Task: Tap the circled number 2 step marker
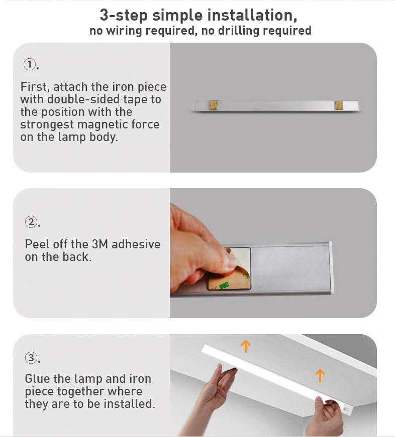coord(31,221)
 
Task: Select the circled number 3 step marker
coord(31,358)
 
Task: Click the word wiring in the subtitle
coord(125,31)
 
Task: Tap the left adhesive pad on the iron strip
coord(214,105)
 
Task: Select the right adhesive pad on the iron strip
coord(339,105)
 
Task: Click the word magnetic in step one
coord(102,124)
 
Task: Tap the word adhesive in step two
coord(136,244)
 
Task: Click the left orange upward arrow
coord(245,346)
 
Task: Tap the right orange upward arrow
coord(320,375)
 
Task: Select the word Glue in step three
coord(37,379)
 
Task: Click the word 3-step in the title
coord(124,15)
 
